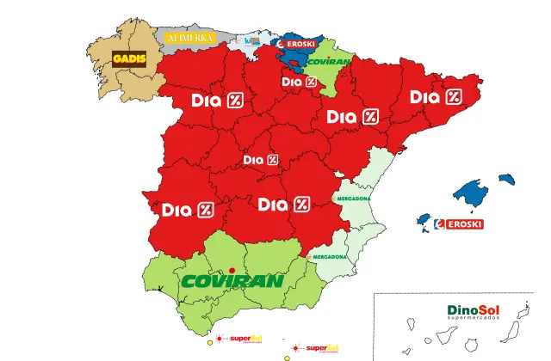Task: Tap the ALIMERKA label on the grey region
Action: tap(189, 39)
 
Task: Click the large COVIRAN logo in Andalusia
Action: tap(232, 281)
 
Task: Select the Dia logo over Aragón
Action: tap(352, 117)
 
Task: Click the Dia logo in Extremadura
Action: tap(187, 209)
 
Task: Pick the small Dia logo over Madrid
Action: tap(261, 160)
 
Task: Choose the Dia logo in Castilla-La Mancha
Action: tap(283, 205)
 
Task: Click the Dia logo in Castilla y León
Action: tap(217, 101)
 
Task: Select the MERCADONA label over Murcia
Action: tap(328, 256)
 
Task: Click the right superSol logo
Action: tap(318, 348)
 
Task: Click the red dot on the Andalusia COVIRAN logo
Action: tap(231, 272)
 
